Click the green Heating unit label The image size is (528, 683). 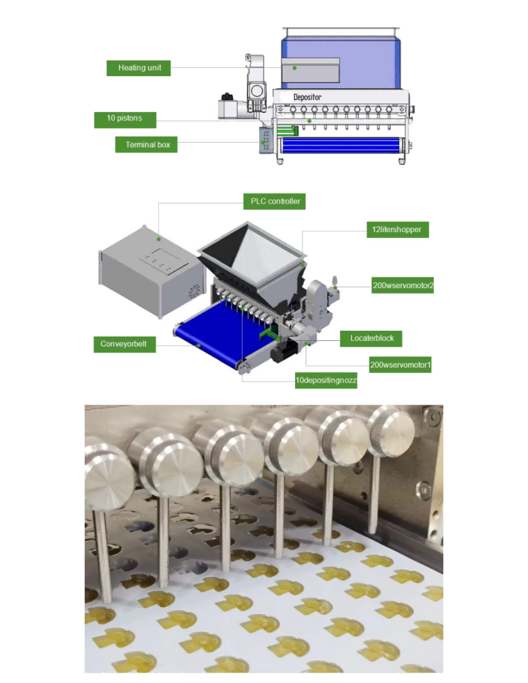pyautogui.click(x=138, y=68)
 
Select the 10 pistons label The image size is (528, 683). pyautogui.click(x=126, y=120)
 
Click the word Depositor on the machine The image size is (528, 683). pyautogui.click(x=308, y=97)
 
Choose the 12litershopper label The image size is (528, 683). pyautogui.click(x=397, y=230)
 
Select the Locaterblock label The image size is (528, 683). pyautogui.click(x=372, y=338)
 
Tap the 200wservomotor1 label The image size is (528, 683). pyautogui.click(x=400, y=365)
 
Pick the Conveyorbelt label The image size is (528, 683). pyautogui.click(x=124, y=345)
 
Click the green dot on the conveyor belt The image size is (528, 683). pyautogui.click(x=198, y=345)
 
